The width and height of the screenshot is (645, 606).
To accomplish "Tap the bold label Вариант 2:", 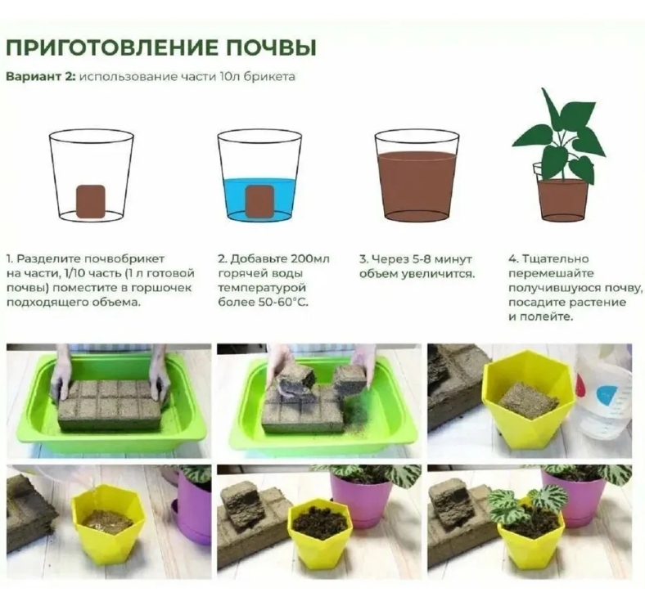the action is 41,77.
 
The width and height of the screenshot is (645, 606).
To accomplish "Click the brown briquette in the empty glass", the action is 91,200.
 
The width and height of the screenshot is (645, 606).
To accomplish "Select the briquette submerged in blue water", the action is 259,200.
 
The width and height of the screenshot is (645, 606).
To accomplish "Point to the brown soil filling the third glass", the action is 417,186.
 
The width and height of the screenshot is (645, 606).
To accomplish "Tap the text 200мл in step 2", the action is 310,259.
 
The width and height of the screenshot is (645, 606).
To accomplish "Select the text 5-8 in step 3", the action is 417,259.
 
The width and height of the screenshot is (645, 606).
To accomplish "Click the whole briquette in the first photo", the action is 110,404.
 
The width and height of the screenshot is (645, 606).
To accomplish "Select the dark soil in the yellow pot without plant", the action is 319,522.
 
